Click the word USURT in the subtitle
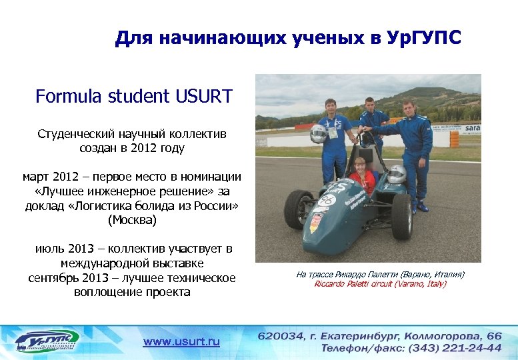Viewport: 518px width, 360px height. [204, 97]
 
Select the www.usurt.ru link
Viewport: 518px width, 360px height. [181, 341]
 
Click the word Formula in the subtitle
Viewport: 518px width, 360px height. [67, 97]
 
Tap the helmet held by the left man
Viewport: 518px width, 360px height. [318, 134]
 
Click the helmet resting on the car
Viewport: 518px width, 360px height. [396, 175]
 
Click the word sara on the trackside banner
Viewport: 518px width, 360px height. [473, 127]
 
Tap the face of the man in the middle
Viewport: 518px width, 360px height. [370, 105]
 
